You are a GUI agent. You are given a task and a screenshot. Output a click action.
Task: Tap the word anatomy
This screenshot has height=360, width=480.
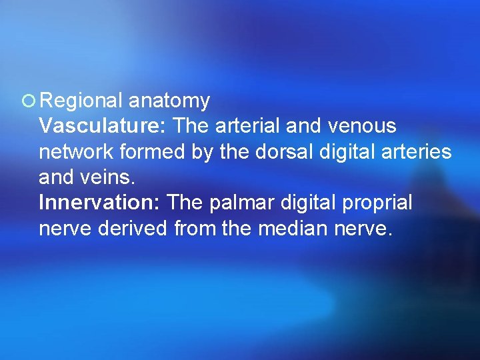[169, 101]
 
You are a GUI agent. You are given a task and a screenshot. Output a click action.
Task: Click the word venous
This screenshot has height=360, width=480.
[365, 127]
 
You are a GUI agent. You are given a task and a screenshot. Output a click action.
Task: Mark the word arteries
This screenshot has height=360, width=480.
[417, 152]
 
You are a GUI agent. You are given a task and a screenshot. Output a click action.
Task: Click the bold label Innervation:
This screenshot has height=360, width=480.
[100, 203]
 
